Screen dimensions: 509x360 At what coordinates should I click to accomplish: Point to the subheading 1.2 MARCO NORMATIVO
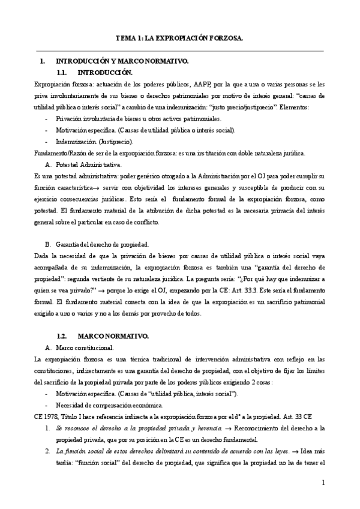point(101,335)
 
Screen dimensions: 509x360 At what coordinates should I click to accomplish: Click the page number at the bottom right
point(322,482)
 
